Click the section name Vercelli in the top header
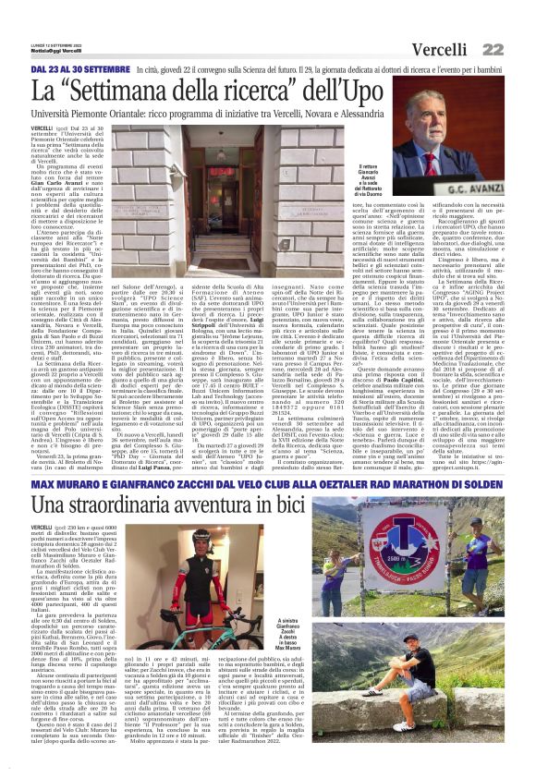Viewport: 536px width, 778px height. [x=441, y=48]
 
